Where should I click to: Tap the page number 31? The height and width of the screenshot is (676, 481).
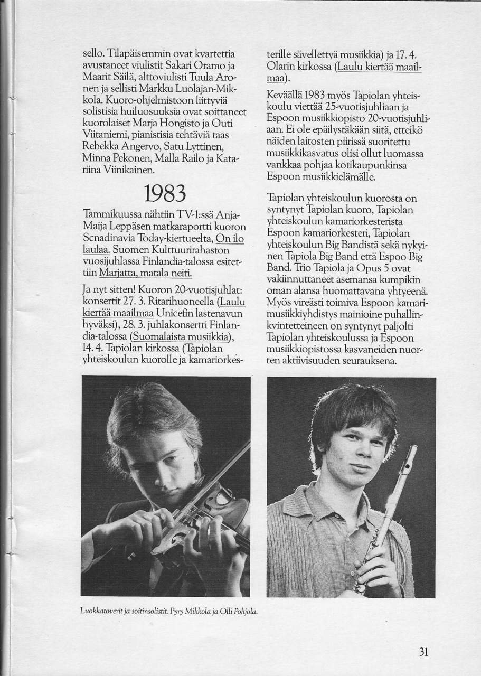click(423, 652)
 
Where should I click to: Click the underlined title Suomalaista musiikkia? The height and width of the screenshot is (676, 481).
click(181, 336)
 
